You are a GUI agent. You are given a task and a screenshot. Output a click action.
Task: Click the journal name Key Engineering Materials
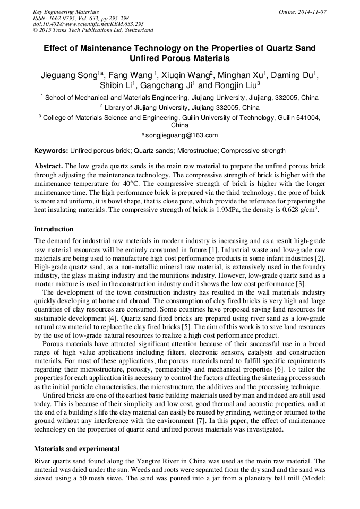66,12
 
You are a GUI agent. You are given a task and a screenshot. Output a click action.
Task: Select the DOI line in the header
88,24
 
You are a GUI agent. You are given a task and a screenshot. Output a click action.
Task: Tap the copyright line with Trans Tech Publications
93,30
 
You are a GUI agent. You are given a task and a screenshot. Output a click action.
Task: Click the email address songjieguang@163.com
182,135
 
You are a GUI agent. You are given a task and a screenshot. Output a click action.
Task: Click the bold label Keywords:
51,151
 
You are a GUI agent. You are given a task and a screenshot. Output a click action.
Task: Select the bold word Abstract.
48,166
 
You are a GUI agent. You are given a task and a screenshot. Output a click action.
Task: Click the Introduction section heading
54,229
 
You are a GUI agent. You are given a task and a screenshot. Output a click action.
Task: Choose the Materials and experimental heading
77,448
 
